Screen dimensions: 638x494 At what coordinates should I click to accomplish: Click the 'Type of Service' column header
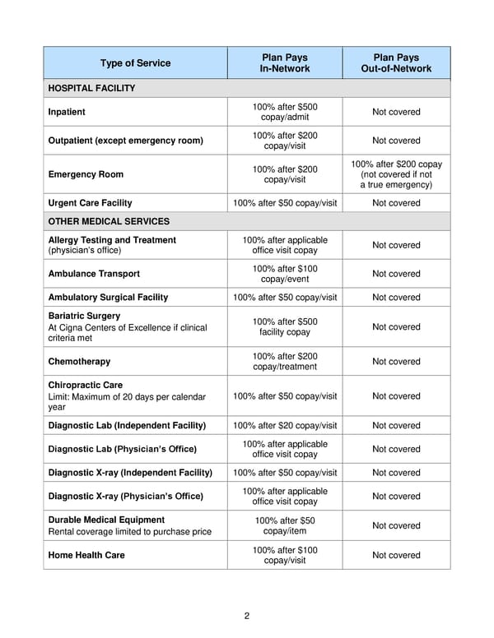pyautogui.click(x=135, y=63)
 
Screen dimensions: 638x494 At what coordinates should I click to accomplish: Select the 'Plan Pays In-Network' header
pyautogui.click(x=285, y=63)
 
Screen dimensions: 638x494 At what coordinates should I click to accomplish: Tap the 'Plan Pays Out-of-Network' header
pyautogui.click(x=396, y=63)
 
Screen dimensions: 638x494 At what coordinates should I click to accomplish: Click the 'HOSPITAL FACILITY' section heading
pyautogui.click(x=91, y=88)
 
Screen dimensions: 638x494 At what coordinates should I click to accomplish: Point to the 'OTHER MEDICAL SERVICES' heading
pyautogui.click(x=109, y=221)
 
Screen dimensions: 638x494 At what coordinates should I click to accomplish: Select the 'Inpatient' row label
pyautogui.click(x=67, y=112)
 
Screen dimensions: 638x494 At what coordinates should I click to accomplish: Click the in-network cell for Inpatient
pyautogui.click(x=285, y=112)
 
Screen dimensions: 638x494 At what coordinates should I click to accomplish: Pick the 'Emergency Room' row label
pyautogui.click(x=86, y=174)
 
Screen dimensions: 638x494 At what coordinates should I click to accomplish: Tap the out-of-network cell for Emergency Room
pyautogui.click(x=396, y=174)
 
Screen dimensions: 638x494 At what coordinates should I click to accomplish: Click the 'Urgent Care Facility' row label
pyautogui.click(x=90, y=203)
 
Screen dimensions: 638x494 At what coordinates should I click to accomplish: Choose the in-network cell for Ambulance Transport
pyautogui.click(x=285, y=274)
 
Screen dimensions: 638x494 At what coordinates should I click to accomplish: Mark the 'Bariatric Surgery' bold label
pyautogui.click(x=84, y=316)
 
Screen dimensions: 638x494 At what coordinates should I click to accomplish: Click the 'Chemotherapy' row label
pyautogui.click(x=79, y=362)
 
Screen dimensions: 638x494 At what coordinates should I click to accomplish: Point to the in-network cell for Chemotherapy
pyautogui.click(x=285, y=362)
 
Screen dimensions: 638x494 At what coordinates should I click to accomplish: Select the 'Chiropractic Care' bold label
pyautogui.click(x=85, y=385)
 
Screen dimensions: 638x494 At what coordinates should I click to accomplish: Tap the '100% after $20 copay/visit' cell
pyautogui.click(x=285, y=426)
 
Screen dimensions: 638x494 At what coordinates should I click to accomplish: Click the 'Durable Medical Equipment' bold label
pyautogui.click(x=106, y=520)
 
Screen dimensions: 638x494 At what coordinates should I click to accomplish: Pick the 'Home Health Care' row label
pyautogui.click(x=86, y=555)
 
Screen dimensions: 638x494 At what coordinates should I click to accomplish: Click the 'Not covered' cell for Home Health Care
pyautogui.click(x=396, y=555)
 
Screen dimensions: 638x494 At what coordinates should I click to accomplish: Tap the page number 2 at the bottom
pyautogui.click(x=246, y=616)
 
